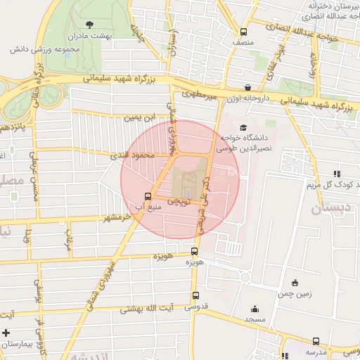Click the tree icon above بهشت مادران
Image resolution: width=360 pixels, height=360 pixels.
point(86,23)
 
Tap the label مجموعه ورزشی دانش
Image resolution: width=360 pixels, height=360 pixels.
point(47,50)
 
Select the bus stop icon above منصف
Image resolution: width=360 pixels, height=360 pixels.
point(243,32)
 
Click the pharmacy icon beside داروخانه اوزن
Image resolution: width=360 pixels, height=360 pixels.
point(247,88)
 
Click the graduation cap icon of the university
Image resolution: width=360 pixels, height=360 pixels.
point(243,128)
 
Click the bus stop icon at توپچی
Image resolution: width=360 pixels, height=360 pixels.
point(148,196)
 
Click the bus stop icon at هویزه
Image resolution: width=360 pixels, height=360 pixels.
point(195,250)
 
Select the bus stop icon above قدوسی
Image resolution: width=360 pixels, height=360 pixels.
point(195,296)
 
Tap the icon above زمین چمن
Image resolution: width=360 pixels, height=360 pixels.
point(294,283)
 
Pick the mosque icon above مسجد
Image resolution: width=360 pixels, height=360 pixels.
point(254,309)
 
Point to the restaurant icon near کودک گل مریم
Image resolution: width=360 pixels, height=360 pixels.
point(337,173)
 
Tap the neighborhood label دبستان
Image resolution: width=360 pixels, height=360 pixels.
point(330,209)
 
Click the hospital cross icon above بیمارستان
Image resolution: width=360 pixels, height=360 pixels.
point(7,333)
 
